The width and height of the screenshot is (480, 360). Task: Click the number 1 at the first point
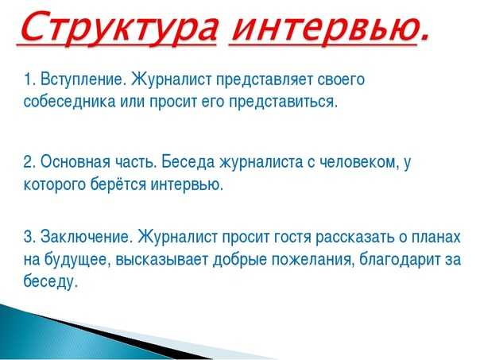click(28, 79)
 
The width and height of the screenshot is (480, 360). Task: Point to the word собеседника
click(64, 103)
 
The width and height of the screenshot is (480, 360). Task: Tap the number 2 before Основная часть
click(28, 162)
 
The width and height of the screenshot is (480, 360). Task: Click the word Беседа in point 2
click(184, 162)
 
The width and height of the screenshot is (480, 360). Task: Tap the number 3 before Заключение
click(28, 237)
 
